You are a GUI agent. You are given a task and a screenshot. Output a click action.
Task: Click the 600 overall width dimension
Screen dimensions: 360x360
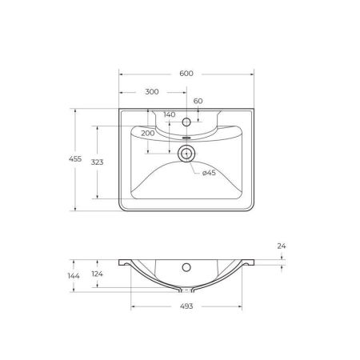coord(186,74)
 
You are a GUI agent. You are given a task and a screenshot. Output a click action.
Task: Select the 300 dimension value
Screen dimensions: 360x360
coord(152,91)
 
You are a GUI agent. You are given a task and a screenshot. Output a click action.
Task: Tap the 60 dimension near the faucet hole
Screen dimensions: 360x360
coord(198,102)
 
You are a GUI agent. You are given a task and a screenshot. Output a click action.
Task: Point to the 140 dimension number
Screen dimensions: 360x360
coord(169,114)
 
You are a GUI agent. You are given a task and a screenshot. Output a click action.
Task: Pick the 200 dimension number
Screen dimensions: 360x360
coord(147,133)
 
